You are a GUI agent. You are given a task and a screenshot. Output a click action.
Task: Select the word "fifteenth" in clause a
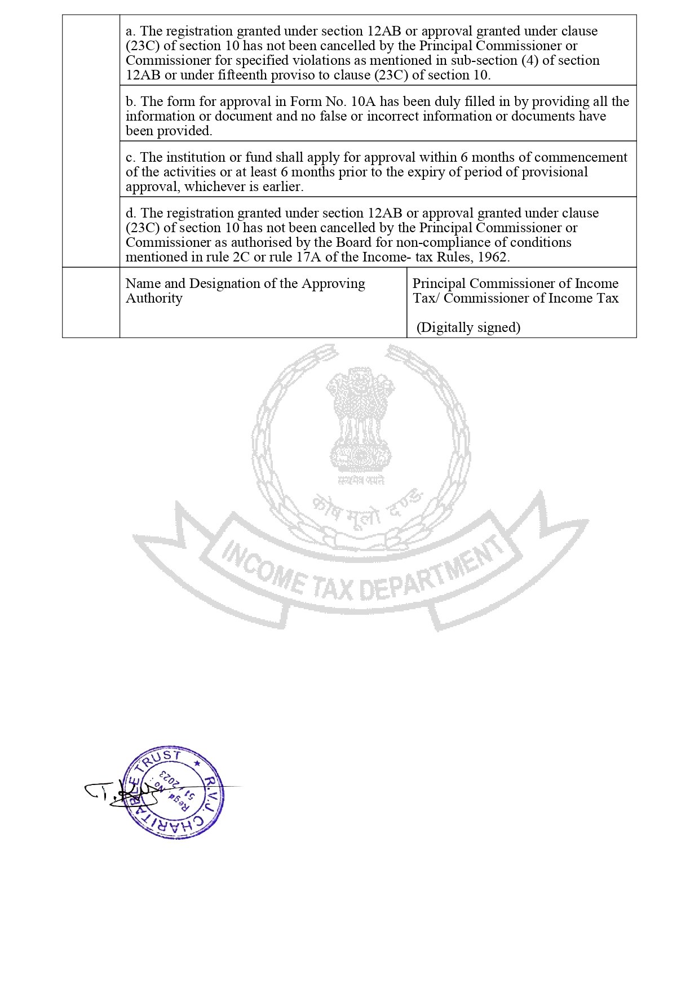click(224, 75)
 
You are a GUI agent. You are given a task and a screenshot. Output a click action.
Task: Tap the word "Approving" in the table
click(333, 283)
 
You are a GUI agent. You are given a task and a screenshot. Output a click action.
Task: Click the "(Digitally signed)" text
click(468, 327)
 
